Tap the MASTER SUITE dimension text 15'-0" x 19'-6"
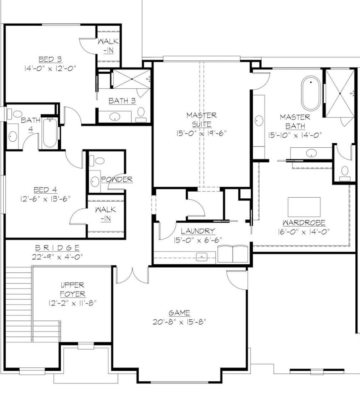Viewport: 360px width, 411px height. pos(201,133)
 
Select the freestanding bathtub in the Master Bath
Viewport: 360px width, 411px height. pos(311,94)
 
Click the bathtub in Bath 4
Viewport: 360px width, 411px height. pos(50,134)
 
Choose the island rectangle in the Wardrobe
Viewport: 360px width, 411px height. pos(304,207)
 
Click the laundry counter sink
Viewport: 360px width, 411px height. pos(202,257)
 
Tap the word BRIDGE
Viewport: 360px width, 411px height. pos(57,248)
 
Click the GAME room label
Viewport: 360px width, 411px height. pos(179,313)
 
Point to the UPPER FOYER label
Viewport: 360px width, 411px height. pos(72,290)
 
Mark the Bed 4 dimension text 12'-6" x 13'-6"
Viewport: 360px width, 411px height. pos(45,198)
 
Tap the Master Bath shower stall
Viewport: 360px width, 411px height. pos(340,93)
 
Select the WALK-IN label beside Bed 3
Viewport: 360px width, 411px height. pos(108,46)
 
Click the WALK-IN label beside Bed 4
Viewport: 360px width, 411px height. pos(105,214)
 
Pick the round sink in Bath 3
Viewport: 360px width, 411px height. pos(115,116)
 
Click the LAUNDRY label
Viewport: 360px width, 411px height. pos(198,231)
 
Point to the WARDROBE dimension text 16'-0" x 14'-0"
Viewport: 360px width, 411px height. pos(304,231)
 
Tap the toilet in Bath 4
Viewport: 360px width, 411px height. pos(16,114)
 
